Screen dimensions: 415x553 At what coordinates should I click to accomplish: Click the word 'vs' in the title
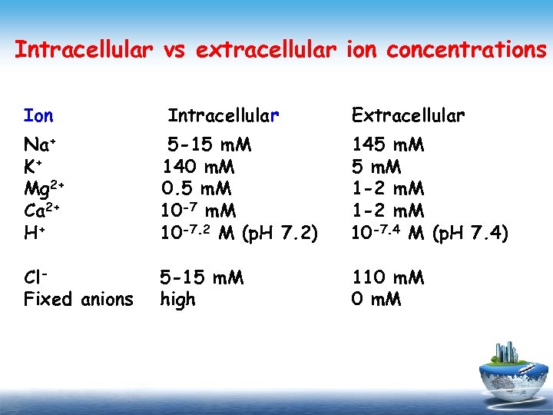point(174,50)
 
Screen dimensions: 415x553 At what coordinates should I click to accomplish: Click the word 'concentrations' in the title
point(462,50)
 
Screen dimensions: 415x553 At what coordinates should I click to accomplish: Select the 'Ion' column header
point(38,116)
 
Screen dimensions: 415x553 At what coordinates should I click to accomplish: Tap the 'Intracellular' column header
point(223,116)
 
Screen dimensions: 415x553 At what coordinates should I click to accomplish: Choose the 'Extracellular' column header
point(408,116)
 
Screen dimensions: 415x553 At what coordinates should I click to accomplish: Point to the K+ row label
point(32,167)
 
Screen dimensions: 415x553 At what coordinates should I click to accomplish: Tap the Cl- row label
point(35,277)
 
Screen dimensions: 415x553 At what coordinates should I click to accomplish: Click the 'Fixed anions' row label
point(78,299)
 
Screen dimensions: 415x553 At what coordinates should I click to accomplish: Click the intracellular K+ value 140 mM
point(198,167)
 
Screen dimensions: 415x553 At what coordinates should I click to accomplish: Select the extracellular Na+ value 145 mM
point(388,145)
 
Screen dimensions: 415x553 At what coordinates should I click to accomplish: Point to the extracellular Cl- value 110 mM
point(388,277)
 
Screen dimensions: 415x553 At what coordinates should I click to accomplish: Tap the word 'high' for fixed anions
point(177,299)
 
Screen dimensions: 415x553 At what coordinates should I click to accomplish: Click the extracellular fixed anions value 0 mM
point(376,299)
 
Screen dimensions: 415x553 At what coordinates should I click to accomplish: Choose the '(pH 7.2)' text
point(280,232)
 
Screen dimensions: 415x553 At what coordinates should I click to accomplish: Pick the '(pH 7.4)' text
point(470,232)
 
